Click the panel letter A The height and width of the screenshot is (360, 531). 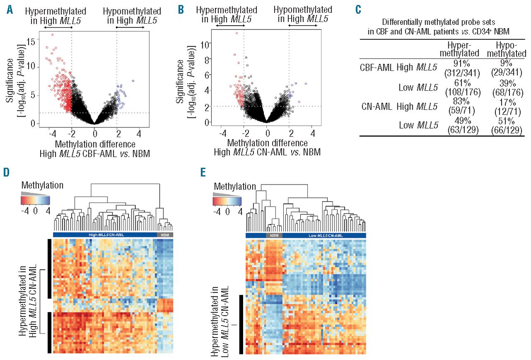point(9,8)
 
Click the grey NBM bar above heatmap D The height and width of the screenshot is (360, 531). point(165,235)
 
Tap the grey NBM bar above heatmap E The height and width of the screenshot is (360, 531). point(274,235)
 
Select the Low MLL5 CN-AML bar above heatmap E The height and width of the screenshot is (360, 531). point(324,235)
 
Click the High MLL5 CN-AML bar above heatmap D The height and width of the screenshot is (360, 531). point(105,235)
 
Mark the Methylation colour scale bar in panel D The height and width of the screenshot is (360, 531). point(35,200)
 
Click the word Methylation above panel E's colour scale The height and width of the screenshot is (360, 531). point(234,186)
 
